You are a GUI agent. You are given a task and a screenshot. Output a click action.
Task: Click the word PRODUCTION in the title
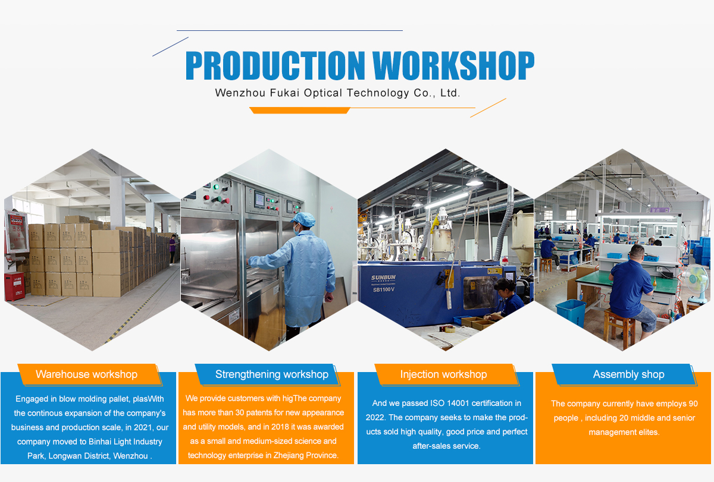click(275, 65)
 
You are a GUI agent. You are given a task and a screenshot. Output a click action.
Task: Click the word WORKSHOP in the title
click(453, 65)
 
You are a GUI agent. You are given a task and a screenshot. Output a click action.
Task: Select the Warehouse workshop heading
click(86, 374)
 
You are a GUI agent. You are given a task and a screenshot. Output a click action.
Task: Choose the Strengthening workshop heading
click(272, 374)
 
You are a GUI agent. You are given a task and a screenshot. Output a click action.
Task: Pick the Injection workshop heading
click(443, 374)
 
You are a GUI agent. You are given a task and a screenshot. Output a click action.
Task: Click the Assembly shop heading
click(628, 374)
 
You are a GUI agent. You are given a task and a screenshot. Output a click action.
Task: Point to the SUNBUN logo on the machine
click(383, 278)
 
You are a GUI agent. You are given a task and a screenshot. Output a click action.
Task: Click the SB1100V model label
click(383, 289)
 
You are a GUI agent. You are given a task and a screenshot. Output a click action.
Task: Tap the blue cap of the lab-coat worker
click(303, 219)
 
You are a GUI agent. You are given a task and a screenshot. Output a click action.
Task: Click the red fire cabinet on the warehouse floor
click(14, 286)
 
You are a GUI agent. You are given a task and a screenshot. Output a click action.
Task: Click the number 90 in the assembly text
click(693, 404)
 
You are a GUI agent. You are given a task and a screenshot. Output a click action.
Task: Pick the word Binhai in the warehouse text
click(101, 442)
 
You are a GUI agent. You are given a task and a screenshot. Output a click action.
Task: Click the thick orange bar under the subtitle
click(300, 111)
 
